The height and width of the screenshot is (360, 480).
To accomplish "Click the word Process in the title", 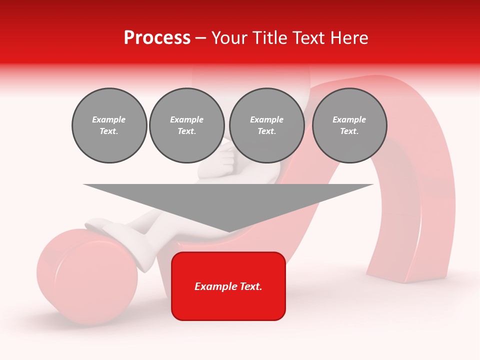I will [x=157, y=38].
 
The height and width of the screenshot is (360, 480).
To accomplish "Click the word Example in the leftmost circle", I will [x=109, y=119].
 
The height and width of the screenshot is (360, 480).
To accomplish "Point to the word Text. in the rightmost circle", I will [x=349, y=131].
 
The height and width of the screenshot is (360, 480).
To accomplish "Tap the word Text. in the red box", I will [x=250, y=286].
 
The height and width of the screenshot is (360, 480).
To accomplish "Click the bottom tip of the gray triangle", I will [x=229, y=231].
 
